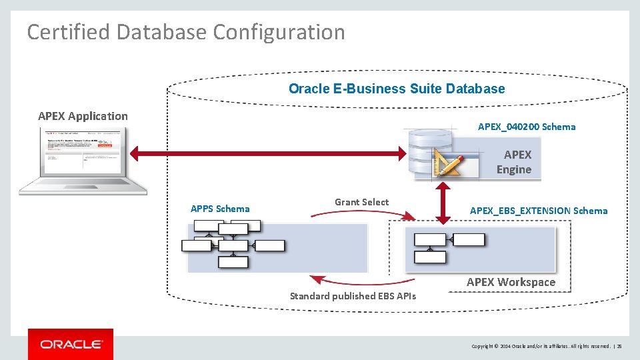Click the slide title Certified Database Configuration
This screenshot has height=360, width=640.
pos(186,32)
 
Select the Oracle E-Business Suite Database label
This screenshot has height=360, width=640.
pos(397,89)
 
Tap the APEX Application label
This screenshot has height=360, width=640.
pos(83,116)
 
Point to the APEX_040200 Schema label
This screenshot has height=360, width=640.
pos(527,127)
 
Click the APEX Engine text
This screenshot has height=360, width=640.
pos(514,162)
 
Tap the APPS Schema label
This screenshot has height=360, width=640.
pos(220,209)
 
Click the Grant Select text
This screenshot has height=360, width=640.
pos(361,202)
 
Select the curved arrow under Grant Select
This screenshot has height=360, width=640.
pos(363,214)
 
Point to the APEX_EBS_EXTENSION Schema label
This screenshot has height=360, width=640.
pos(539,211)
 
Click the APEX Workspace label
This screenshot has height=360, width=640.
pos(511,282)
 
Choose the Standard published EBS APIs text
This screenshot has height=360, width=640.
pos(353,296)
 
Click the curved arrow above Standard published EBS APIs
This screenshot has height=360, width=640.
pos(363,280)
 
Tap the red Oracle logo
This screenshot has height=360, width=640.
pos(71,344)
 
